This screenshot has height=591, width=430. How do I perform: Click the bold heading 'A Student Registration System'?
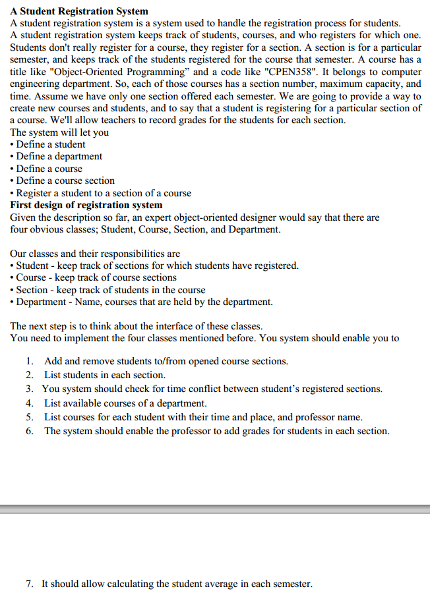(79, 11)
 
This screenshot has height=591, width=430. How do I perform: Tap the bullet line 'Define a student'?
(51, 144)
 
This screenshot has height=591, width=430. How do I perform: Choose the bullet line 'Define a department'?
(59, 156)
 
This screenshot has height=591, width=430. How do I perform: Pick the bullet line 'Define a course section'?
(65, 181)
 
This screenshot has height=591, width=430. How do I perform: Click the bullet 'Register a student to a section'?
(104, 193)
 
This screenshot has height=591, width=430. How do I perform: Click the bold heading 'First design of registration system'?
(86, 205)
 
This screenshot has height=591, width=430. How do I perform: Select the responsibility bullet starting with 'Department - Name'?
(144, 302)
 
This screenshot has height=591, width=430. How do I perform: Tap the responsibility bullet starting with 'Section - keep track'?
(111, 290)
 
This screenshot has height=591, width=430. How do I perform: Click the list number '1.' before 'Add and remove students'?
(30, 361)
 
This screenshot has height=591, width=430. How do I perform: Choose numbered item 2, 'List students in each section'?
(104, 375)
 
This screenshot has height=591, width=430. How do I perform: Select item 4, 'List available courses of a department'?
(125, 403)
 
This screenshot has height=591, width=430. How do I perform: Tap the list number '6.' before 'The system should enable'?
(30, 431)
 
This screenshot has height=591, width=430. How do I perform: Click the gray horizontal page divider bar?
(215, 509)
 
